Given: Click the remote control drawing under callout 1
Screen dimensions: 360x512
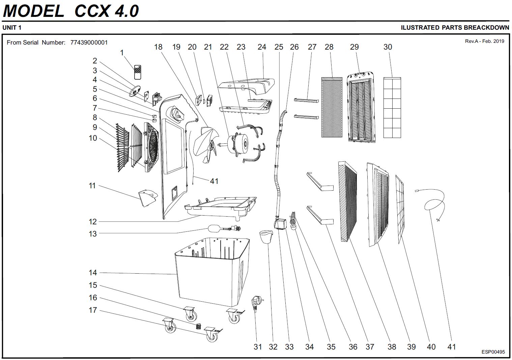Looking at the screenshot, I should click(137, 72).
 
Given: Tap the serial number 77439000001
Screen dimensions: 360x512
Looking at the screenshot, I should click(89, 43).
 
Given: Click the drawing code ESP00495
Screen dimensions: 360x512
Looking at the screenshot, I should click(493, 352).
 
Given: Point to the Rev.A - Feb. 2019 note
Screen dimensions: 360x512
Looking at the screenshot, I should click(484, 41).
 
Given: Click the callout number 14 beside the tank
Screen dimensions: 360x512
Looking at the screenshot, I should click(93, 273).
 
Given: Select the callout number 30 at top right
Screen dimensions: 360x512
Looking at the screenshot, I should click(388, 47).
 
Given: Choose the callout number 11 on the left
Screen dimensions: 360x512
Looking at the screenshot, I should click(92, 186).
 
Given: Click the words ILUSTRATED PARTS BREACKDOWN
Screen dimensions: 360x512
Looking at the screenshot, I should click(455, 28).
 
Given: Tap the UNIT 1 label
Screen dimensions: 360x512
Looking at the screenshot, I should click(12, 28).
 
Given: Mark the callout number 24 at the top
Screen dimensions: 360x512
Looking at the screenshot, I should click(262, 47).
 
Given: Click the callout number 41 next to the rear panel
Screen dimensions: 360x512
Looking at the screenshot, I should click(214, 181).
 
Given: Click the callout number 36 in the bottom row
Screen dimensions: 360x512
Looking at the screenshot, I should click(353, 347).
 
